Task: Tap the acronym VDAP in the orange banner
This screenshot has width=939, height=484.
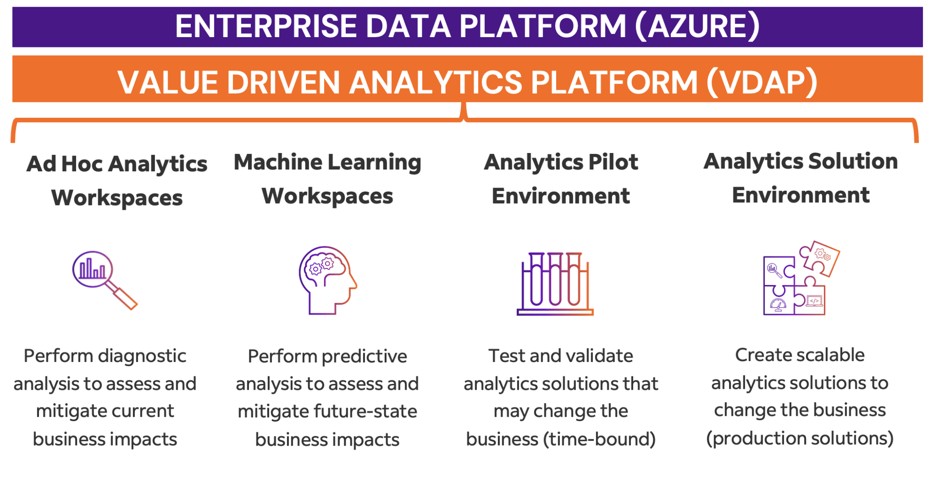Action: [762, 83]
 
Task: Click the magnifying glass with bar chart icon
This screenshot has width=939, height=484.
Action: [105, 280]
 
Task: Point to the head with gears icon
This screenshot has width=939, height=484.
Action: [328, 280]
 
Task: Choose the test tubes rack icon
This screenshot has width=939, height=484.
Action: [555, 284]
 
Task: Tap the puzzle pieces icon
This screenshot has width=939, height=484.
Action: [801, 278]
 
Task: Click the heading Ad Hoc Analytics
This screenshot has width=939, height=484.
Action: [117, 164]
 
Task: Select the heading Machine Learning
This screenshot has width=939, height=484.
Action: [327, 163]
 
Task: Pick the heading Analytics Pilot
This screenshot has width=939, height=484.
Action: [561, 162]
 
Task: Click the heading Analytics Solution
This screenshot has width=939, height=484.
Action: [800, 161]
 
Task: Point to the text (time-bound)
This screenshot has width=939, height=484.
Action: [599, 439]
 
